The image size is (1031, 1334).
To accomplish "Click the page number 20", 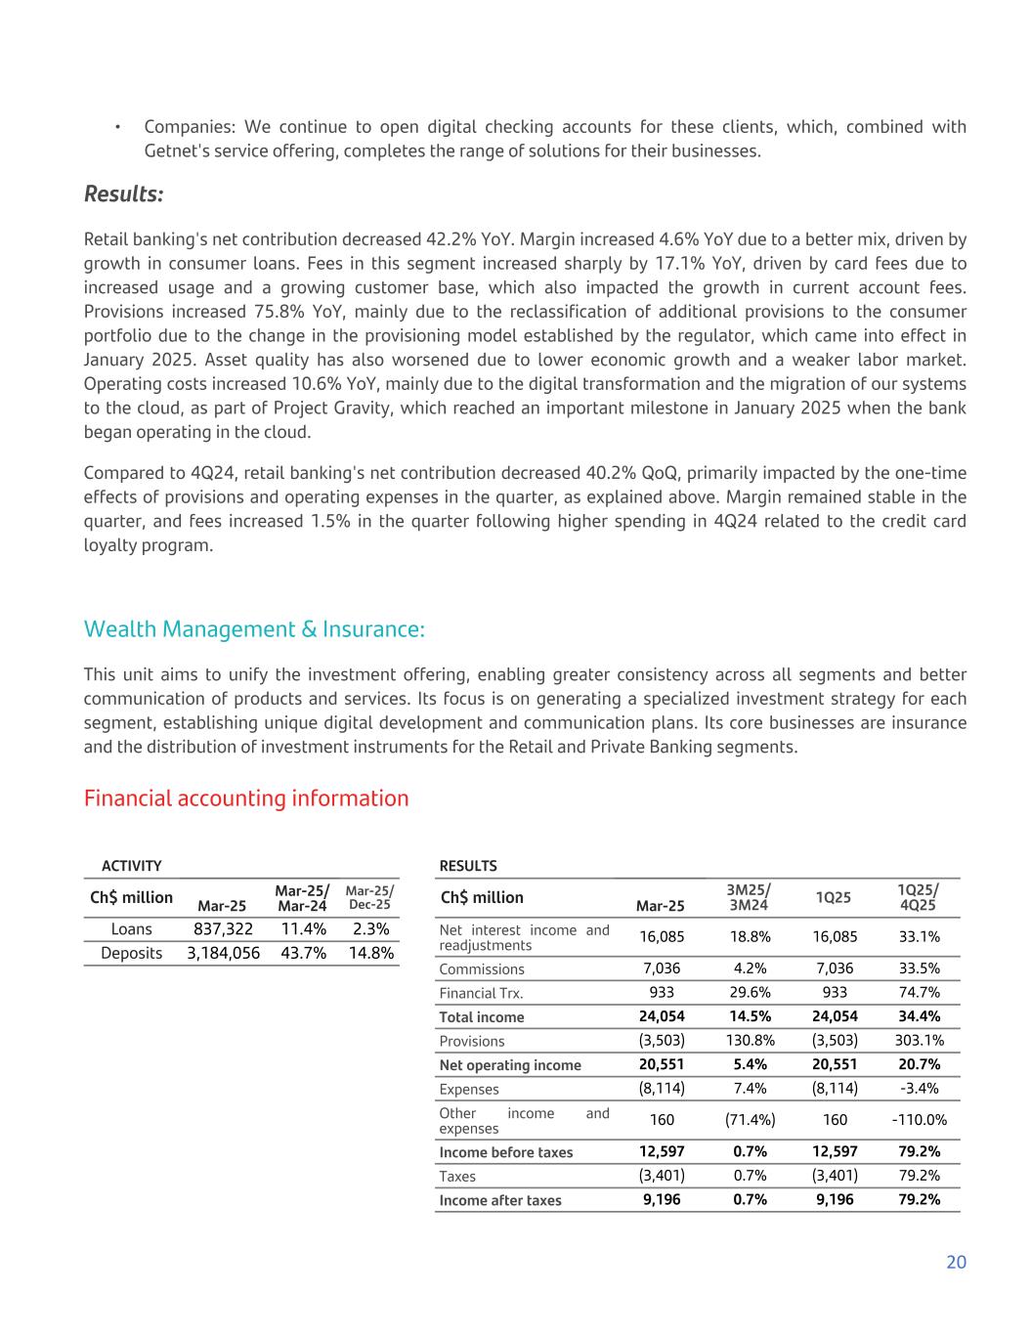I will click(956, 1262).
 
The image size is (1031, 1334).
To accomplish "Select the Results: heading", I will click(123, 194).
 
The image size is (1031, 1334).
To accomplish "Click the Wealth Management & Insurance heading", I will click(254, 629).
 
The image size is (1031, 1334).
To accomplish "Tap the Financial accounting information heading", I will click(246, 798).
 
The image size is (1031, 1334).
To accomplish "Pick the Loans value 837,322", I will click(223, 929).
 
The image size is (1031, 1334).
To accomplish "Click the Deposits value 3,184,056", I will click(223, 953).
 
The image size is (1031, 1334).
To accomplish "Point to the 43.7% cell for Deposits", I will click(303, 953).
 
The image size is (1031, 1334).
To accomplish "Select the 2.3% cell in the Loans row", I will click(370, 929).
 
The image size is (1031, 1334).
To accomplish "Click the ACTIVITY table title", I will click(131, 866).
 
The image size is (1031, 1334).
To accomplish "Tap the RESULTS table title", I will click(468, 866).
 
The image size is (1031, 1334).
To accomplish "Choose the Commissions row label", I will click(482, 969).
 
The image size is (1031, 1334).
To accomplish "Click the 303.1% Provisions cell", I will click(919, 1041).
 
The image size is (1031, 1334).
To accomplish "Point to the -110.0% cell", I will click(919, 1120).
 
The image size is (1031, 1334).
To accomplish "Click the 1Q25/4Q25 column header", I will click(919, 897).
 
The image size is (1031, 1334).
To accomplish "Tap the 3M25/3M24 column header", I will click(749, 897).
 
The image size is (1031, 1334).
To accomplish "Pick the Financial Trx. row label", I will click(481, 993).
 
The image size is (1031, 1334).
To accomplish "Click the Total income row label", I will click(482, 1017).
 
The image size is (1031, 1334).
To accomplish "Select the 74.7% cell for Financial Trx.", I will click(919, 993).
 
